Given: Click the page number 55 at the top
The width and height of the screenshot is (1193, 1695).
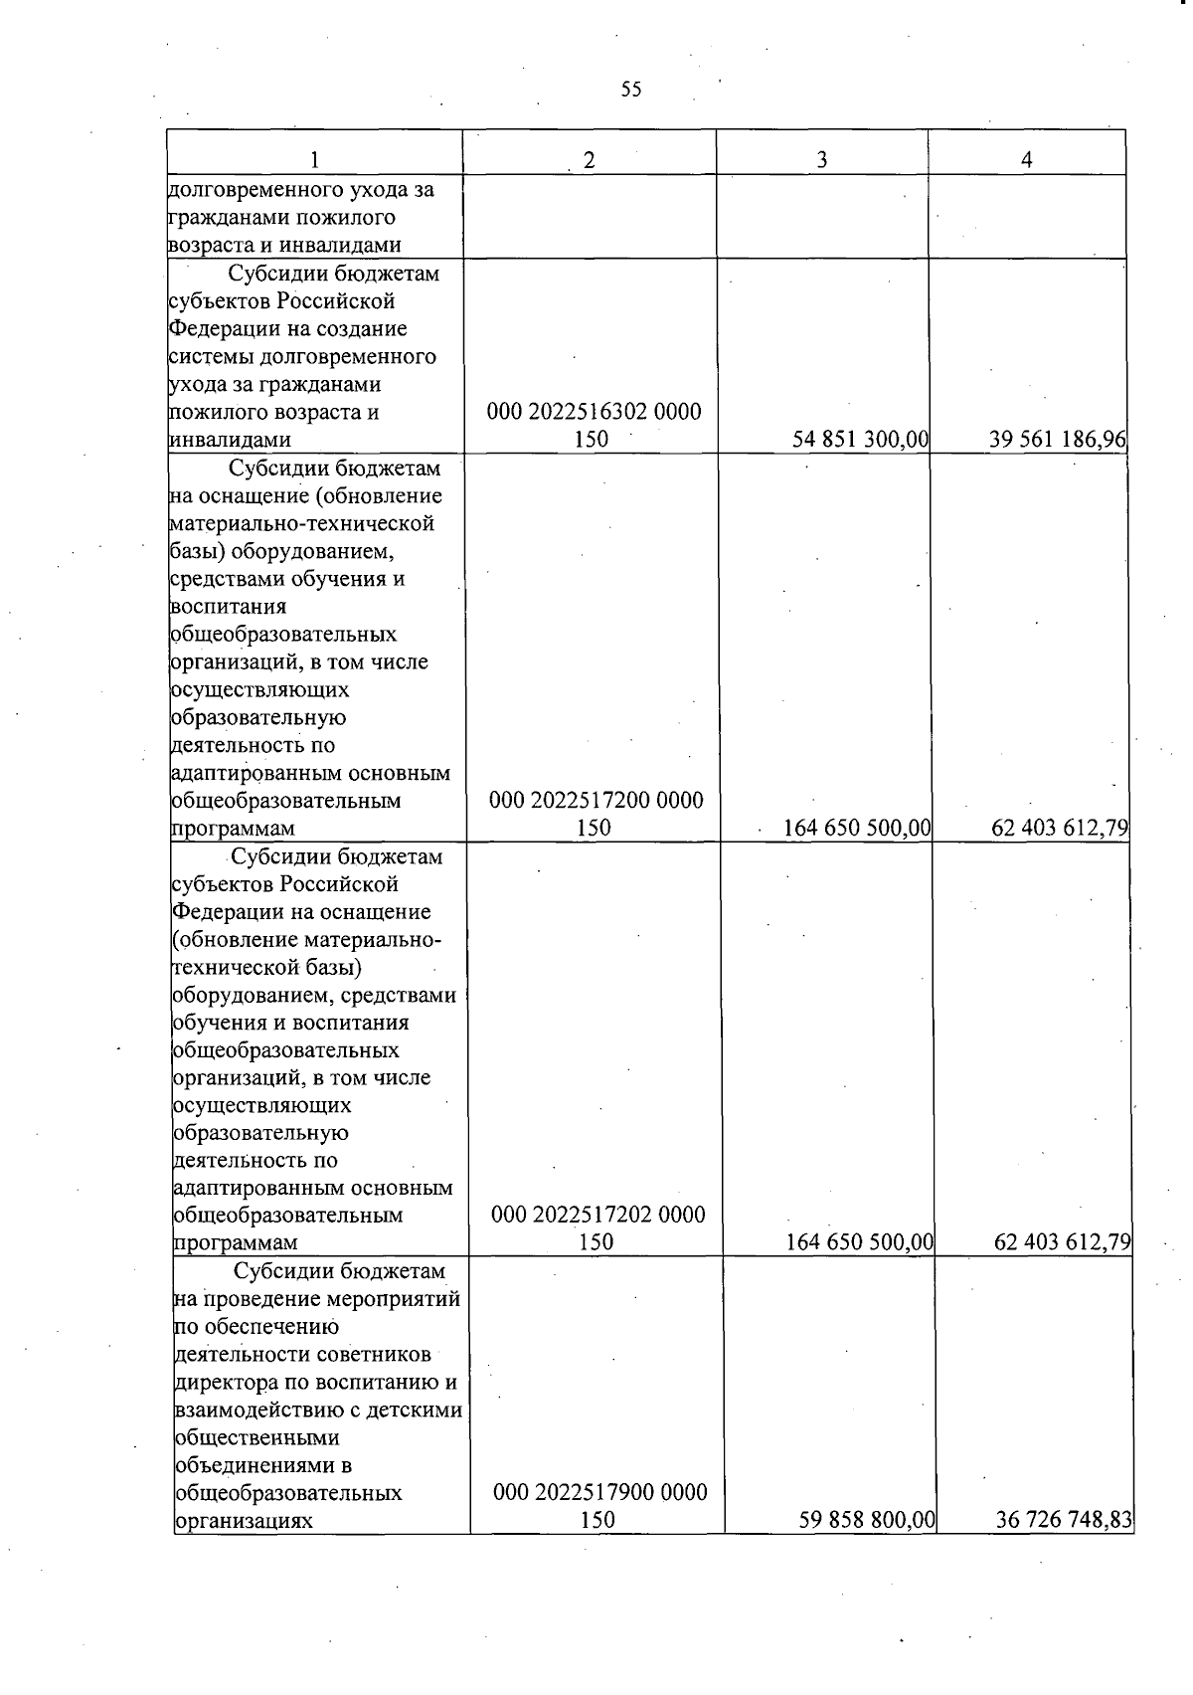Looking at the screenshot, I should click(x=631, y=90).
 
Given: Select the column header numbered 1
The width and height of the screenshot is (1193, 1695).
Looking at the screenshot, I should click(x=314, y=159).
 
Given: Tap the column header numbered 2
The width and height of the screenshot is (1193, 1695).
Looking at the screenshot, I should click(x=590, y=159).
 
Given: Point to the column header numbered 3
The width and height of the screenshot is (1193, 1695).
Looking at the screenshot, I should click(x=822, y=159).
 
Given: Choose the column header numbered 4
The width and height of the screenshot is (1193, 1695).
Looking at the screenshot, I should click(x=1027, y=159).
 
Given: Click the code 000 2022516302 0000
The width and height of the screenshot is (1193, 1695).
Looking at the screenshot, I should click(x=594, y=412).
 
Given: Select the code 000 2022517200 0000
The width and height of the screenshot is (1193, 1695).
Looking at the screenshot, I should click(x=596, y=800).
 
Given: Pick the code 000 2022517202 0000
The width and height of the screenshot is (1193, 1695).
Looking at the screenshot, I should click(x=598, y=1215).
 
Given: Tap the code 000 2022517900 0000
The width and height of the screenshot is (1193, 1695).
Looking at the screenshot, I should click(x=600, y=1492).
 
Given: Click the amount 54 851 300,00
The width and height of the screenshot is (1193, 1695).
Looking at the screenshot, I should click(x=860, y=440).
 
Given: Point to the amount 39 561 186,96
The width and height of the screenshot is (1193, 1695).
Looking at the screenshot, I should click(x=1058, y=440).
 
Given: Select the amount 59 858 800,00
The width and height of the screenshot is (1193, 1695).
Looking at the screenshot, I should click(x=867, y=1520).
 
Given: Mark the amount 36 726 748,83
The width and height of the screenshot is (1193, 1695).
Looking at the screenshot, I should click(x=1064, y=1520).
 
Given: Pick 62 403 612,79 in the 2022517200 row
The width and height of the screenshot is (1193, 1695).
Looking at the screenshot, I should click(x=1061, y=828).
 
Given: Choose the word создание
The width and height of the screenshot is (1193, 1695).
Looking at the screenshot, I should click(x=359, y=328).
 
